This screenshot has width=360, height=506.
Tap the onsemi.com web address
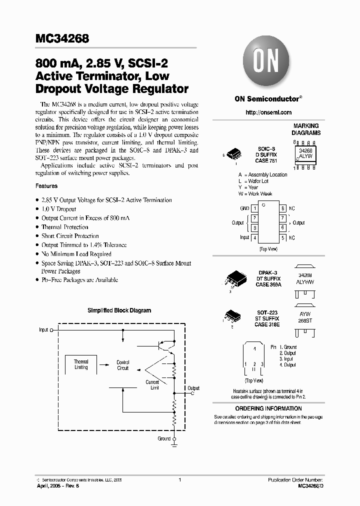pyautogui.click(x=268, y=112)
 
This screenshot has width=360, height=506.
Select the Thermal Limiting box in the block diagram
pyautogui.click(x=81, y=364)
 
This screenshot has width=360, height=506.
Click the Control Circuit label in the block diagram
pyautogui.click(x=123, y=365)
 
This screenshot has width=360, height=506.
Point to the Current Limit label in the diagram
pyautogui.click(x=152, y=385)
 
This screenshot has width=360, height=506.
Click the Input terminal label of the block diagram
pyautogui.click(x=43, y=330)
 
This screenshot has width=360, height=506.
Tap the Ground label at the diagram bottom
pyautogui.click(x=164, y=438)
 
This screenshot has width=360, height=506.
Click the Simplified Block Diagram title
pyautogui.click(x=119, y=310)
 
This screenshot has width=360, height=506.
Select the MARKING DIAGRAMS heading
pyautogui.click(x=306, y=129)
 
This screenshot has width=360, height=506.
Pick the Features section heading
pyautogui.click(x=46, y=186)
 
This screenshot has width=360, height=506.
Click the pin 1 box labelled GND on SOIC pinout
pyautogui.click(x=254, y=208)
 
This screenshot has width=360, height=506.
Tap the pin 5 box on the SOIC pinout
pyautogui.click(x=283, y=237)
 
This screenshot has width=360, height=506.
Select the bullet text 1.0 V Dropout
pyautogui.click(x=59, y=209)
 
